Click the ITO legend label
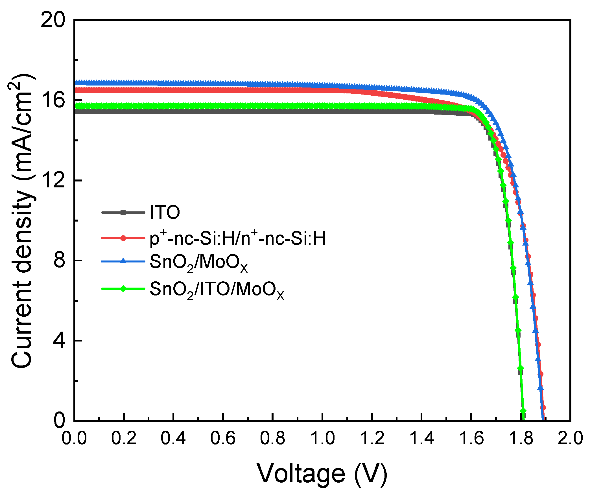(x=165, y=212)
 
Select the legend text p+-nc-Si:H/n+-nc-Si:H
(x=237, y=238)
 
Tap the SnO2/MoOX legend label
(x=198, y=263)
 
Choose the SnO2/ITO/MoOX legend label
(x=217, y=290)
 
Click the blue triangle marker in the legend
(x=123, y=261)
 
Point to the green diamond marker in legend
(x=123, y=288)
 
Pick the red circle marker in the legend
(x=123, y=238)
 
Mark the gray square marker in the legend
(x=123, y=212)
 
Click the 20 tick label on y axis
(x=53, y=20)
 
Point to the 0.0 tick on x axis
(x=74, y=438)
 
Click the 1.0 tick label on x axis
(x=322, y=438)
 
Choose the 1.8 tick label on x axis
(x=521, y=438)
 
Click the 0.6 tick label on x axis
(x=223, y=438)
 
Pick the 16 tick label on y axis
(x=53, y=100)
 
